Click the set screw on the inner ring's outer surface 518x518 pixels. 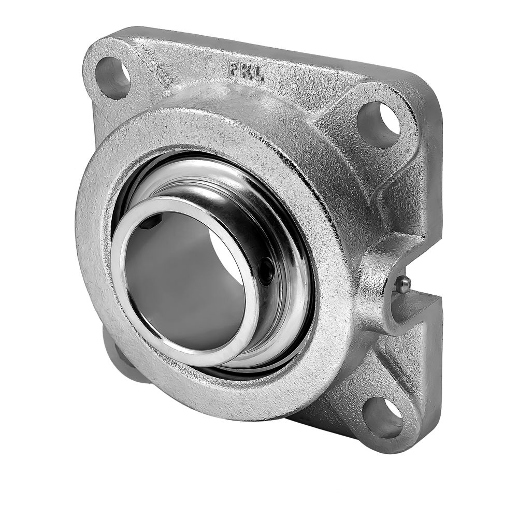point(266,270)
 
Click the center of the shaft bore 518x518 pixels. point(185,281)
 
